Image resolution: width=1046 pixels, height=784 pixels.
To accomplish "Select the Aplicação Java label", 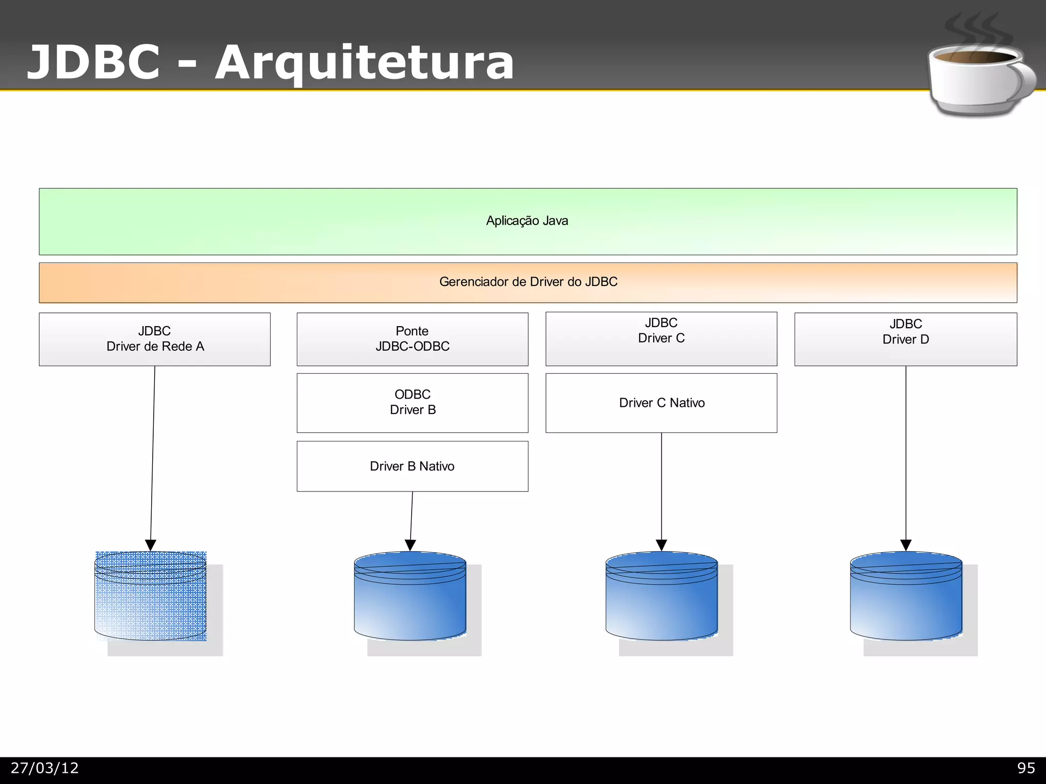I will click(527, 221).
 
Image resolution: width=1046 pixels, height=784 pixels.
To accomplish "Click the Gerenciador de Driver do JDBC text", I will click(528, 282).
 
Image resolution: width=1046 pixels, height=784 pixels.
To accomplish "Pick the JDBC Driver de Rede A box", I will click(155, 339).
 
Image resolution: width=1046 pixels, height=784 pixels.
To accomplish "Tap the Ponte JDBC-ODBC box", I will click(412, 339).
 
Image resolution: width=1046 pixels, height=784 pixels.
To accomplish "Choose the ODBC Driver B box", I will click(412, 402).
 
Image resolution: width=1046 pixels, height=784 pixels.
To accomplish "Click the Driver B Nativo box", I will click(412, 466).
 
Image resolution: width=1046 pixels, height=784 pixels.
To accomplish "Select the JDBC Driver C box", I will click(661, 338).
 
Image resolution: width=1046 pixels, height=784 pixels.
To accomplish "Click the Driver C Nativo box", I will click(661, 403).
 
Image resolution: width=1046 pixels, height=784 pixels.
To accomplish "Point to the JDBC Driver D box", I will click(906, 339).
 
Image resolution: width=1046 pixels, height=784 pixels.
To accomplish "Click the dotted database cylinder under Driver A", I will click(151, 597).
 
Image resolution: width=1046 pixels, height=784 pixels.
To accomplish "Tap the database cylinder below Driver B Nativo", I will click(410, 597).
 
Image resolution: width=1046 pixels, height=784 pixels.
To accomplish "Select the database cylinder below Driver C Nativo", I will click(661, 597).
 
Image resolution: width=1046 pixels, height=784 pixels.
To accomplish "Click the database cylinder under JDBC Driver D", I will click(906, 597).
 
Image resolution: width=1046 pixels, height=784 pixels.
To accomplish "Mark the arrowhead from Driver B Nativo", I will click(410, 545).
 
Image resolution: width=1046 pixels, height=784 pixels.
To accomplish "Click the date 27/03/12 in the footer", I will click(45, 768).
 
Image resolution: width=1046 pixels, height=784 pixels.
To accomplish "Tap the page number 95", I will click(1026, 768).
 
